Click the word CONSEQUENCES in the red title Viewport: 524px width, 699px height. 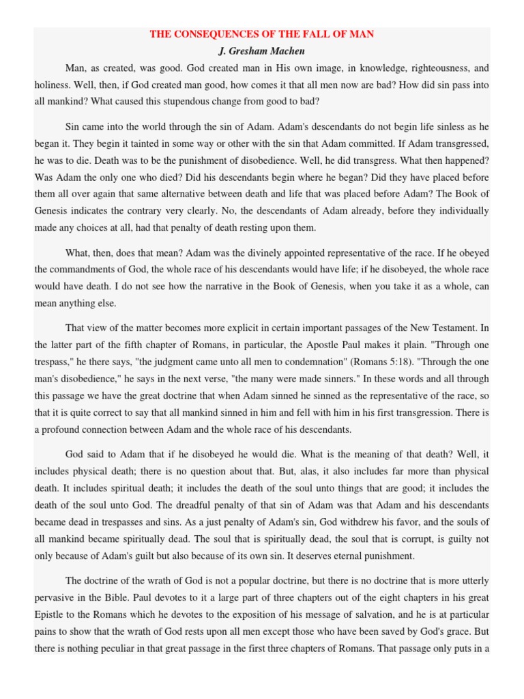pos(222,34)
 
